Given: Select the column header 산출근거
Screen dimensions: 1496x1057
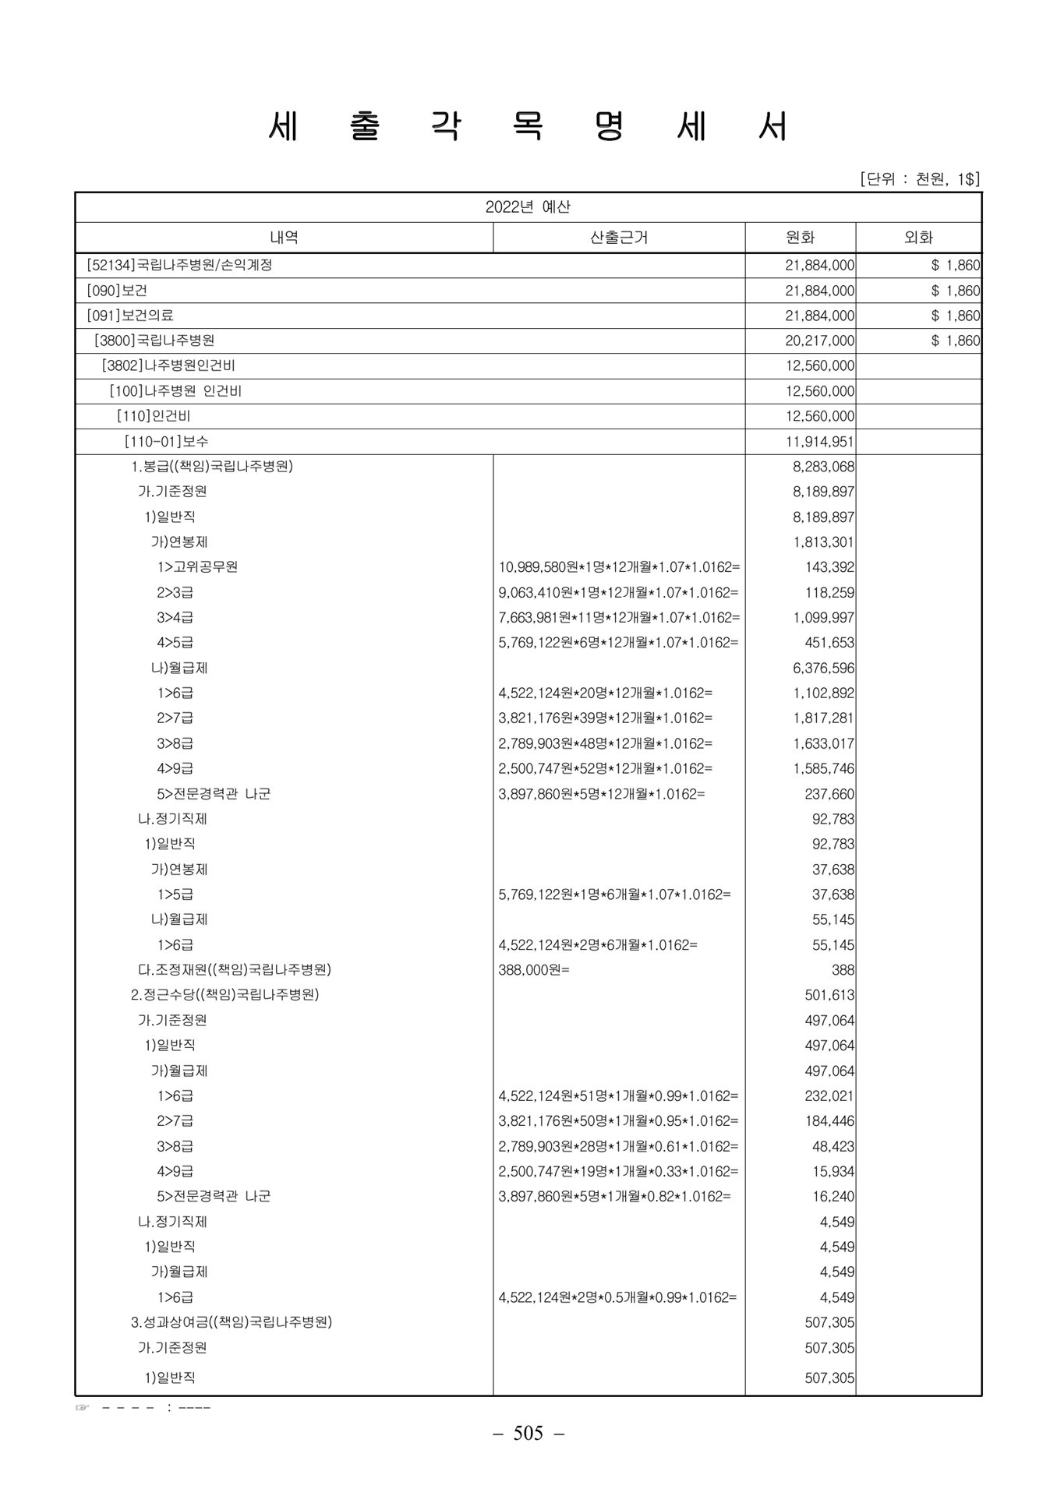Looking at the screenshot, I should [619, 238].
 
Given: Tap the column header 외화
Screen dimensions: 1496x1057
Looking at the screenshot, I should [918, 238].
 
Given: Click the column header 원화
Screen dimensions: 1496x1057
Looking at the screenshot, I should [800, 238].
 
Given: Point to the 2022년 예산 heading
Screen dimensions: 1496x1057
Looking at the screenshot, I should [528, 207].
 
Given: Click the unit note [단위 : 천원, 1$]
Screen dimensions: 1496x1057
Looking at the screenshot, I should [920, 179].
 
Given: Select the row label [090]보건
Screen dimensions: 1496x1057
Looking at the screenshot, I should [117, 291].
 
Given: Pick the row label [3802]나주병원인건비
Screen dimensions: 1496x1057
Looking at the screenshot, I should [168, 365].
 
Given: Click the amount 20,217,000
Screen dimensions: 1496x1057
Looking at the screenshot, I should [819, 340].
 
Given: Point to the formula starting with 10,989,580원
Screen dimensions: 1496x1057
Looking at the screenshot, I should [619, 567].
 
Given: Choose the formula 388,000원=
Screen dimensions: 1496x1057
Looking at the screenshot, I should [534, 970].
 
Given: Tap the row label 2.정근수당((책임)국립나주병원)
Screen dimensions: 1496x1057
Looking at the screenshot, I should [224, 995].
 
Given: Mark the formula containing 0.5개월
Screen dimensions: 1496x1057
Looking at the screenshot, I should [617, 1297].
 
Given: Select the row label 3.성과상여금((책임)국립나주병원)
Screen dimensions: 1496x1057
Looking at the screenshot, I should [232, 1322].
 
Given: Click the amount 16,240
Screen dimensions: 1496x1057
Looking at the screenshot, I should [833, 1196].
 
